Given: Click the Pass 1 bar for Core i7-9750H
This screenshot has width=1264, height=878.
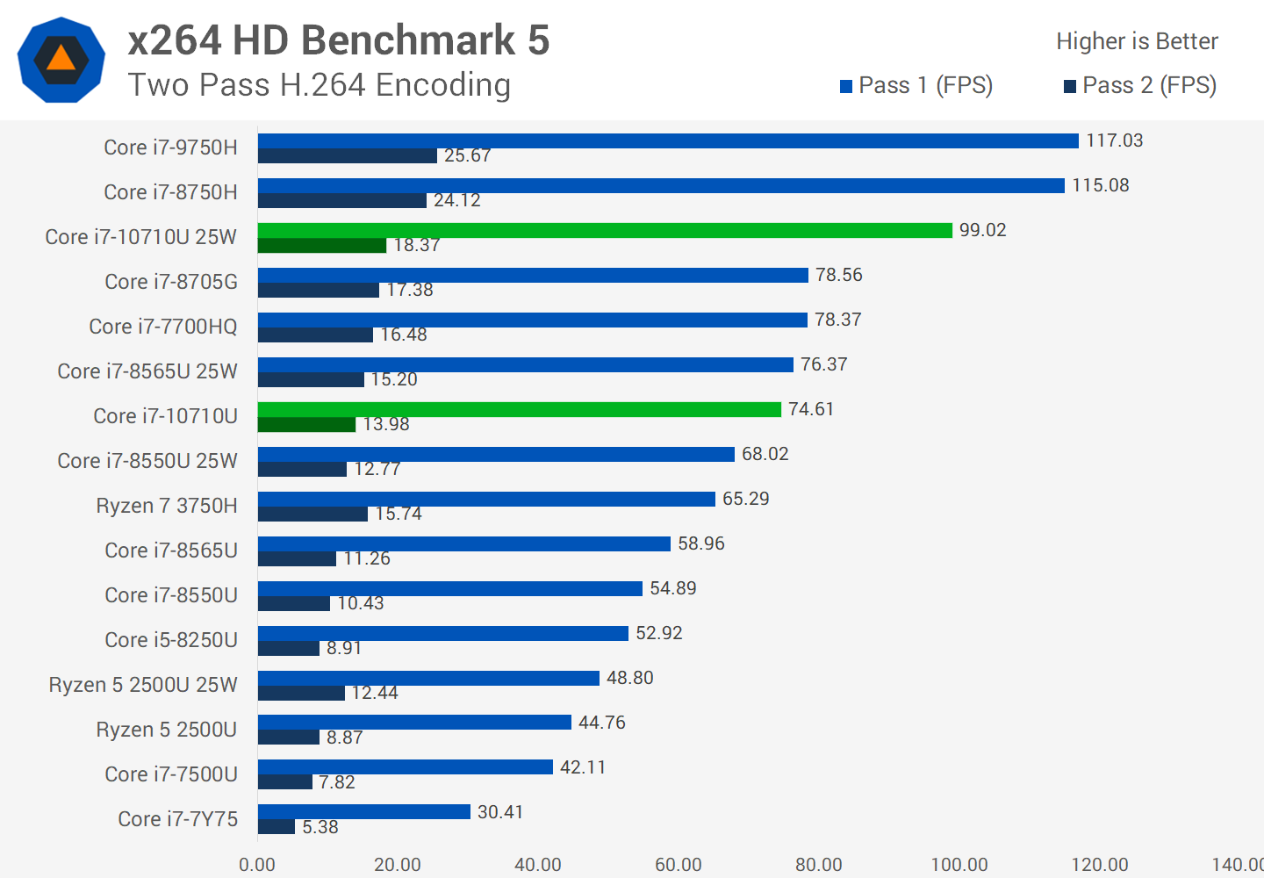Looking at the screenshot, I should coord(667,141).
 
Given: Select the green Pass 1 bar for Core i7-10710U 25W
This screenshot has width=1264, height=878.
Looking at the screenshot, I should coord(605,231).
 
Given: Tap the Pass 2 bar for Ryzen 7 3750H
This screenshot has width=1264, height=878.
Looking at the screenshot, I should coord(312,515).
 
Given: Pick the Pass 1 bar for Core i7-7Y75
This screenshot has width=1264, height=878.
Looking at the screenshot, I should coord(364,812).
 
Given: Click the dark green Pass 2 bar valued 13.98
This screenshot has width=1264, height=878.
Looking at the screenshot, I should coord(306,425).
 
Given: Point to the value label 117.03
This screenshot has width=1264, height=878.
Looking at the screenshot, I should coord(1114,141).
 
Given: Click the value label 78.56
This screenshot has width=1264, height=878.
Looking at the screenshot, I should coord(838,276).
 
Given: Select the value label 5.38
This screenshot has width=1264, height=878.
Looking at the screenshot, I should coord(320,827).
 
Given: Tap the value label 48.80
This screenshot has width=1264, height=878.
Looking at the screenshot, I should coord(629,679).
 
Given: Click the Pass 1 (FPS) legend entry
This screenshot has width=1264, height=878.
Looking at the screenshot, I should coord(916,86).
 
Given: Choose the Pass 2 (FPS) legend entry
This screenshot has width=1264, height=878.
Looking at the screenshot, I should coord(1140,86).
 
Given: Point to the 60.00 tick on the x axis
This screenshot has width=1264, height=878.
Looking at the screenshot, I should coord(679,865).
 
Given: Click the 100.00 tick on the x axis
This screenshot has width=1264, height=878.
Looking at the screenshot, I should coord(959,865).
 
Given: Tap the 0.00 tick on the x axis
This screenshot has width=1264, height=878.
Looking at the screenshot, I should coord(257,865).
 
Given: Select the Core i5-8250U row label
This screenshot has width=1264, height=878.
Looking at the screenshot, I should coord(171,640).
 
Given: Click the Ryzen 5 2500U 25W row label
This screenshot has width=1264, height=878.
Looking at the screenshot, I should coord(143,685).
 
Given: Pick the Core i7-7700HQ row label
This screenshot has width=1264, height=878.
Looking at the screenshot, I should coord(163,327).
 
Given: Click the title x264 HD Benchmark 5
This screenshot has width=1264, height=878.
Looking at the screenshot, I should coord(339,40).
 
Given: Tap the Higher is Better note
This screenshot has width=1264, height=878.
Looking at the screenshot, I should coord(1137,41).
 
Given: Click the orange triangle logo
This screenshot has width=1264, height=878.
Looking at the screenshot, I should coord(61,59).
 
